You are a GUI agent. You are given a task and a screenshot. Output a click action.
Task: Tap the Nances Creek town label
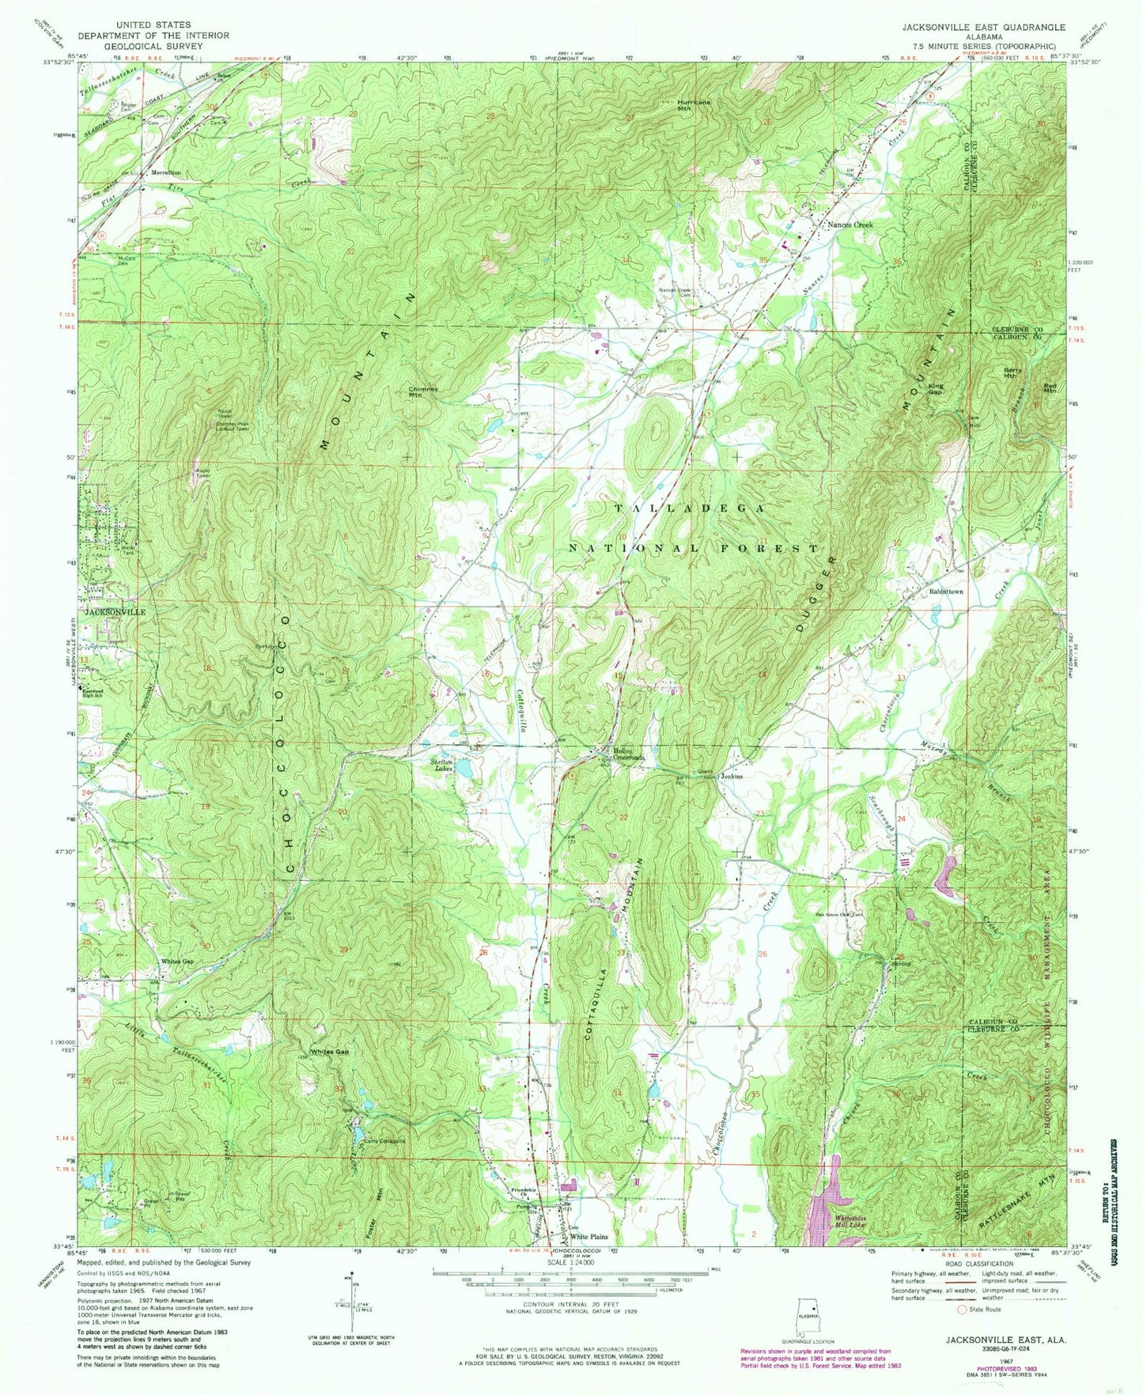(x=850, y=225)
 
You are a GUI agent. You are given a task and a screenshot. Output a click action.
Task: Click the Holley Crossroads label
(x=624, y=754)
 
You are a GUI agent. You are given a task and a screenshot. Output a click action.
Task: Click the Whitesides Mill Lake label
(x=856, y=1219)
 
